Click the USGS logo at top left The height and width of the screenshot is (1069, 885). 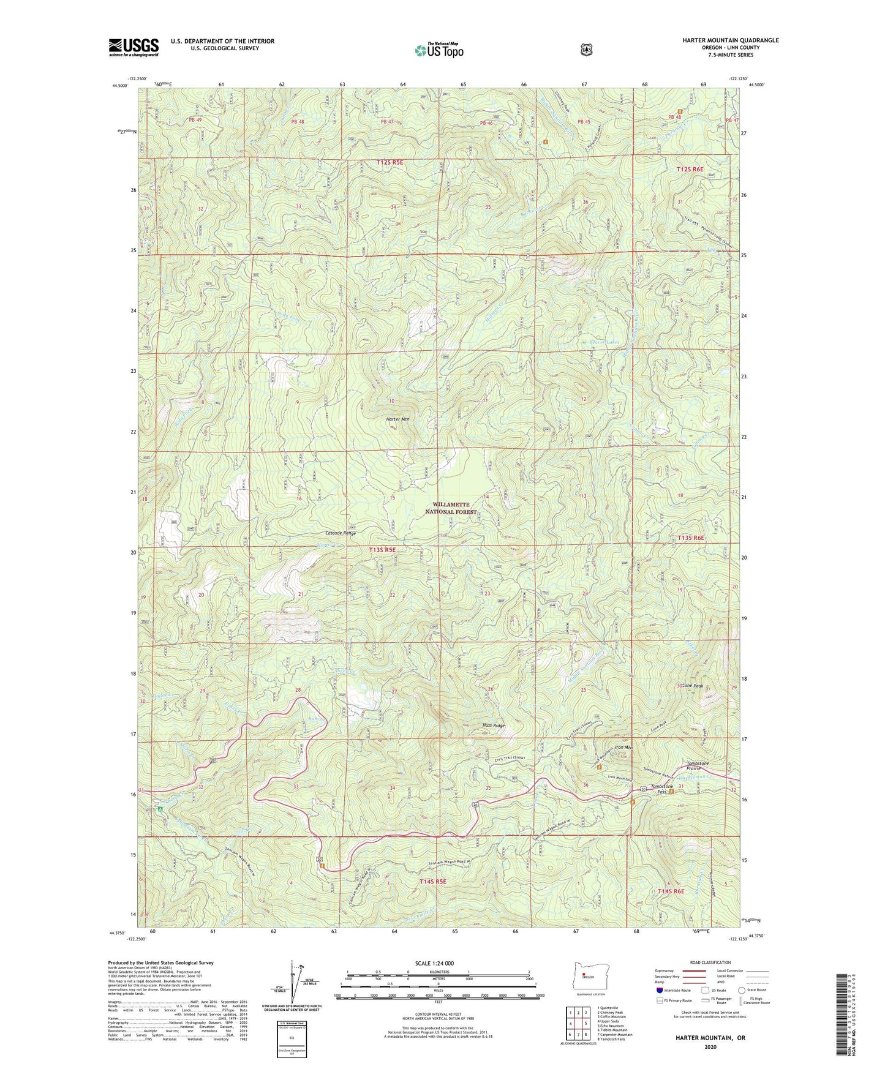(134, 47)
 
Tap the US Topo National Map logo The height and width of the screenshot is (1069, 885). (437, 50)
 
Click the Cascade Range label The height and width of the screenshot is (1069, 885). (341, 533)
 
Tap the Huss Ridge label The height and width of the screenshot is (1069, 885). (494, 726)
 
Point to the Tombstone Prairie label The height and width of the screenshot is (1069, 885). (698, 766)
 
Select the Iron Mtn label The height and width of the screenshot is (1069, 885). (622, 748)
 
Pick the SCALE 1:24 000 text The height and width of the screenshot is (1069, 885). (434, 963)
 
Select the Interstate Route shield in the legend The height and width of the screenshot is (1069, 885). (659, 989)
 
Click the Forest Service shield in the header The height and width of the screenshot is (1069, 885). (586, 50)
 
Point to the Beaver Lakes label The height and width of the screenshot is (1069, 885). (604, 342)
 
